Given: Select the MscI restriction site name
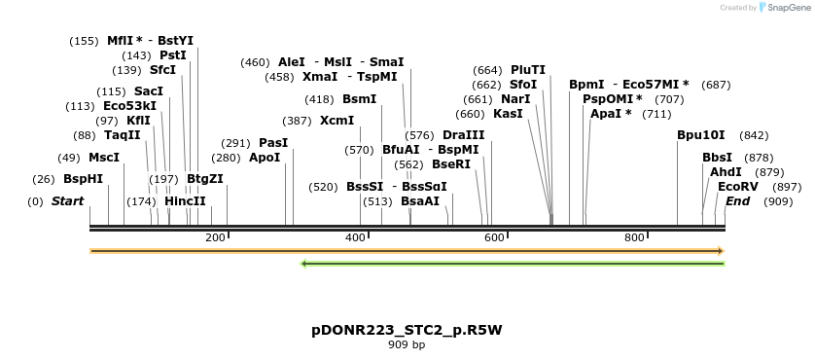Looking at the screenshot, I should point(104,157).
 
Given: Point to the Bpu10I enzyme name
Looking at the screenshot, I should point(701,135).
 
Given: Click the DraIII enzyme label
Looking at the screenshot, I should point(463,135).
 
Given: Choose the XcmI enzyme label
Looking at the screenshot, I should point(337,121).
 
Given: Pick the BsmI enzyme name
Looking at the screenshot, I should point(359,99).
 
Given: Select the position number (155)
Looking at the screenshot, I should point(85,41).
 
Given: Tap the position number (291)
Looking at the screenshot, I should point(236,143).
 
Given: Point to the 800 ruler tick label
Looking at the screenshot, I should point(634,237).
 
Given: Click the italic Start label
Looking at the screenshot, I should point(67,201).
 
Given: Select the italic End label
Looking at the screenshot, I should point(737,201).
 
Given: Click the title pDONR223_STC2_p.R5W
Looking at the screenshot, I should point(407,330).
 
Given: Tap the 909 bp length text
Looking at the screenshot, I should point(407,344).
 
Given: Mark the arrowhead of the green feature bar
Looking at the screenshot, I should point(305,263).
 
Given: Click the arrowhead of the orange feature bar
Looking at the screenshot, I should point(721,251).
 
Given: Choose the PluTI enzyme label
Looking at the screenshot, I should point(528,70).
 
